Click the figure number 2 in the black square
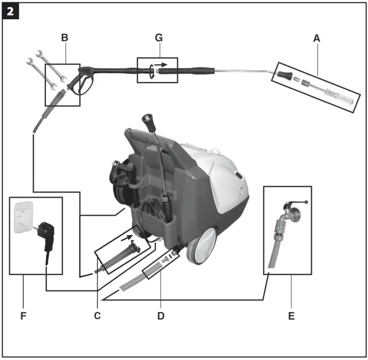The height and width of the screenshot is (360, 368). click(11, 12)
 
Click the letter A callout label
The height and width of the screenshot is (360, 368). click(317, 39)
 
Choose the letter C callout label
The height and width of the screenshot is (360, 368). click(98, 316)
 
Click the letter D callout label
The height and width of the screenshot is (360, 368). click(161, 316)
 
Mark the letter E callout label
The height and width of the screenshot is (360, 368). click(291, 316)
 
